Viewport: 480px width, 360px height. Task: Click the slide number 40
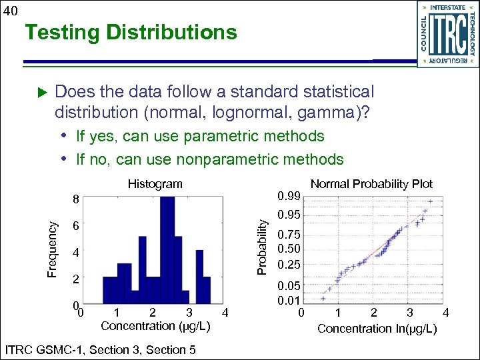pos(9,9)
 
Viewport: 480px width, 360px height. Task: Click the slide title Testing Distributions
pos(130,32)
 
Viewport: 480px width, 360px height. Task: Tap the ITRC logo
pos(446,34)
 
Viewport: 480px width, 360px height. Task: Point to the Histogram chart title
pos(155,183)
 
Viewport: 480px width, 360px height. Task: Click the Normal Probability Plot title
pos(371,183)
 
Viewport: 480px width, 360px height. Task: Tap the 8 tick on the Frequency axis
pos(77,199)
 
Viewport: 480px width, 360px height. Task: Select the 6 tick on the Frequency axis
pos(77,227)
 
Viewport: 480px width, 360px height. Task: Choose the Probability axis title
pos(263,247)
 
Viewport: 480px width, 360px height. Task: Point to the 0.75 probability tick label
pos(290,235)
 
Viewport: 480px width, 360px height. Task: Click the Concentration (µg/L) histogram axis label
pos(155,326)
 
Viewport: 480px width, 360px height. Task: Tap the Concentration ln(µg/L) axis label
pos(377,328)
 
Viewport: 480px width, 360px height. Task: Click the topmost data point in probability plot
pos(431,201)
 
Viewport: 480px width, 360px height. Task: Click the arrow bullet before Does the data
pos(40,91)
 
